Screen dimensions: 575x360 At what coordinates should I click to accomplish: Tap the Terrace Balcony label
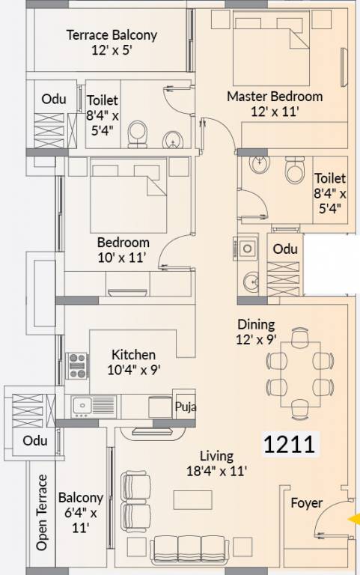(112, 43)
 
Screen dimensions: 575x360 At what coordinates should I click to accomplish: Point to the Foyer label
(307, 502)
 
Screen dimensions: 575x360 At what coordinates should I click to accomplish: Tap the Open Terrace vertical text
(43, 512)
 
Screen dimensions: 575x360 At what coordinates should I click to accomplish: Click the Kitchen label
(133, 362)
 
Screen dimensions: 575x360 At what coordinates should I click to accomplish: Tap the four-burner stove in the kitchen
(78, 365)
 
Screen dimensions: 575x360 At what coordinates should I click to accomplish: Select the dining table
(299, 371)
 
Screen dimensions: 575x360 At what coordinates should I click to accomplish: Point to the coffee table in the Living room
(188, 499)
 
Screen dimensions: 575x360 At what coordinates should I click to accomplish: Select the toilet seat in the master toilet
(294, 171)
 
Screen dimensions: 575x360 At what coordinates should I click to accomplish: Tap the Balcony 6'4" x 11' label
(80, 512)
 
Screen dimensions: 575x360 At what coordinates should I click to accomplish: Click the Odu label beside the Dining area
(284, 249)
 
